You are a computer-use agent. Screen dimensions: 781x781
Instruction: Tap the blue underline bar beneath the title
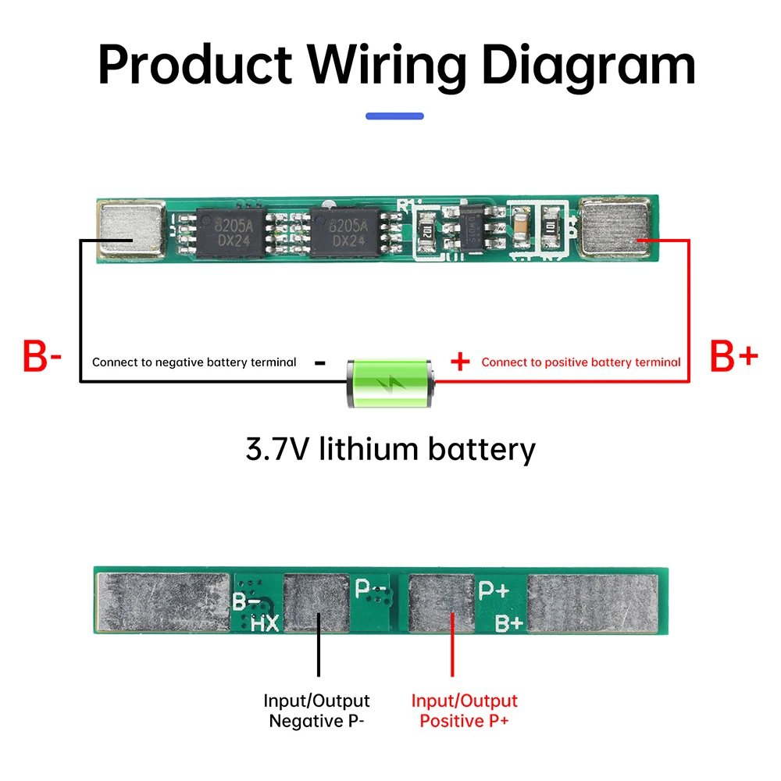click(394, 116)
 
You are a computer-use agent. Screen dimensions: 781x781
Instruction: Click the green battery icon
click(389, 382)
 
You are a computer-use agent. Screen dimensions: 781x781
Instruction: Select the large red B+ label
click(733, 357)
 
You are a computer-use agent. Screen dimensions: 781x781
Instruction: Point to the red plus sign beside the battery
click(461, 362)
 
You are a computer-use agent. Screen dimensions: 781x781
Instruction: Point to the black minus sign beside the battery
click(319, 362)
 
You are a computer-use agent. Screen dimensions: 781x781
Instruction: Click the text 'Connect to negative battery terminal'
click(194, 362)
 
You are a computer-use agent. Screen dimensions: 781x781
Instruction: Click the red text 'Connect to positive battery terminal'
click(580, 362)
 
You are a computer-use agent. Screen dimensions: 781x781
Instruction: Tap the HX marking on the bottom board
click(265, 622)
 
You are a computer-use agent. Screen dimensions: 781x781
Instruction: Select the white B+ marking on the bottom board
click(509, 622)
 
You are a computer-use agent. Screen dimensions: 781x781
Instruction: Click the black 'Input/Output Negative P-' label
click(316, 711)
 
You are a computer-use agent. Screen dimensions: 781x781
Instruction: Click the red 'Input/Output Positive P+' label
click(464, 711)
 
